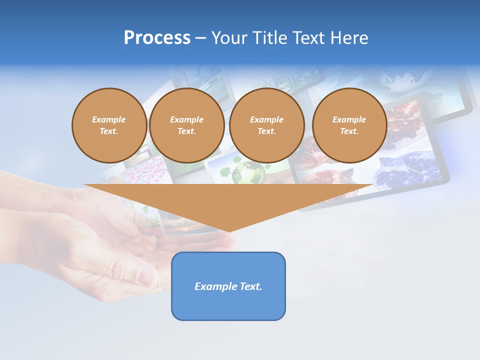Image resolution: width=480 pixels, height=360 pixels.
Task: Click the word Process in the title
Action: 157,37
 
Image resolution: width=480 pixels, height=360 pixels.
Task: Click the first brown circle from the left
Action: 109,125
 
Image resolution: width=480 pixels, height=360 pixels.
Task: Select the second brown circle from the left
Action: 186,125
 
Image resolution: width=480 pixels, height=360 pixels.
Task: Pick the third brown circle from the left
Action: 266,125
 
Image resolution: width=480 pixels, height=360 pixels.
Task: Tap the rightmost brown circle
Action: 349,125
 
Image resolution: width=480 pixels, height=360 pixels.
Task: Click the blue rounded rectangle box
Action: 228,305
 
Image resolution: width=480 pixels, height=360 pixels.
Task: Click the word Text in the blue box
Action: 251,286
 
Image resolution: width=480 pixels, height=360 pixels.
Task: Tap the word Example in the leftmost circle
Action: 109,119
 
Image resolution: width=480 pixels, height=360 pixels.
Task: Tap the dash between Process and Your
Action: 200,38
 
